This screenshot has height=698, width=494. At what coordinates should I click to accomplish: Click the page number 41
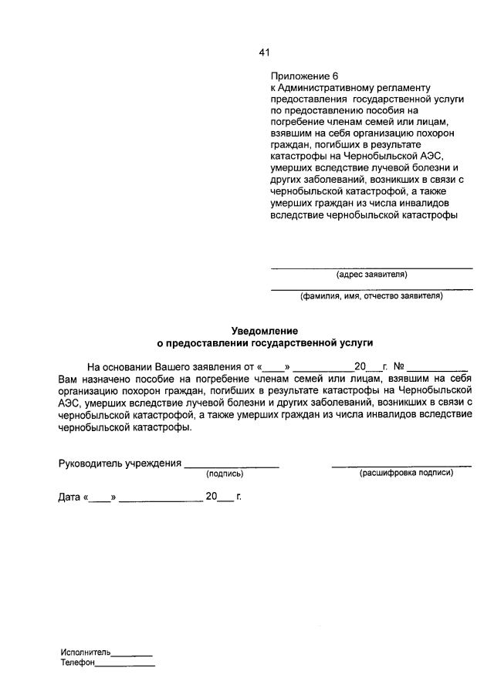(264, 52)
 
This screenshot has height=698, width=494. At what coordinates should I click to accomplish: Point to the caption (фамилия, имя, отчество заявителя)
(371, 295)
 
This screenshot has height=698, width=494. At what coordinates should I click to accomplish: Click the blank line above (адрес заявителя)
(371, 267)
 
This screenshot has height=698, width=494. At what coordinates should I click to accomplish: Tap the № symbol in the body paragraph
(399, 367)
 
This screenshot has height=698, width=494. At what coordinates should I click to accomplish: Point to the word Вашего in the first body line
(174, 367)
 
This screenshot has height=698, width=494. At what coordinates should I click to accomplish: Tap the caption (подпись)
(225, 473)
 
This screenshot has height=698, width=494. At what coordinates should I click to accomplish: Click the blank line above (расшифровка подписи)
(401, 466)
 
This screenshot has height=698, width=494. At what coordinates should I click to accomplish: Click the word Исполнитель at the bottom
(86, 652)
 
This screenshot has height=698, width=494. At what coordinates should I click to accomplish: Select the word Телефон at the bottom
(77, 663)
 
